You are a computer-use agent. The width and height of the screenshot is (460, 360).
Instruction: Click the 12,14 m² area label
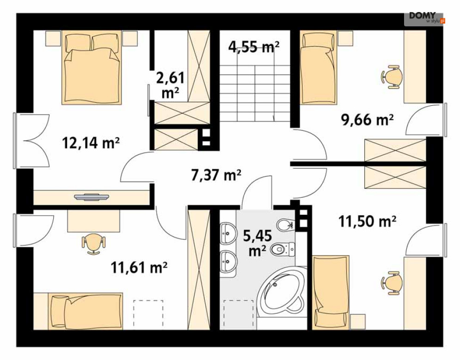click(x=91, y=143)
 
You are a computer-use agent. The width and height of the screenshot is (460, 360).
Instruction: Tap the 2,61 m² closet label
click(x=171, y=85)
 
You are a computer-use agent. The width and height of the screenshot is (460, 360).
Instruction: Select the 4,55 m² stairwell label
click(x=254, y=46)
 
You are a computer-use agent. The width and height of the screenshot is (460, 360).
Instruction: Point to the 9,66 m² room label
click(x=367, y=119)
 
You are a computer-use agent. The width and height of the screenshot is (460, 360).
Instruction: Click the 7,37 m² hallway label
click(x=216, y=175)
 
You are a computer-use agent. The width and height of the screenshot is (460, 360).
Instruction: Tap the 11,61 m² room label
click(x=139, y=268)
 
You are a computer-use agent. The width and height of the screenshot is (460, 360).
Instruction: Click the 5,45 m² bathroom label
click(x=258, y=243)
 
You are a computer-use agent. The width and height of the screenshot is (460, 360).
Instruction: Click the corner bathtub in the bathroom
click(x=281, y=293)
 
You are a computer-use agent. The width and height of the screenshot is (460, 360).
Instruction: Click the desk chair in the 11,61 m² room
click(x=93, y=244)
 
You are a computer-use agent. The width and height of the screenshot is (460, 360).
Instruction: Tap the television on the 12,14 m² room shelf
click(x=92, y=197)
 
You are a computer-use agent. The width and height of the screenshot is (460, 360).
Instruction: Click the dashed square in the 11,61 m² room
click(x=148, y=313)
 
